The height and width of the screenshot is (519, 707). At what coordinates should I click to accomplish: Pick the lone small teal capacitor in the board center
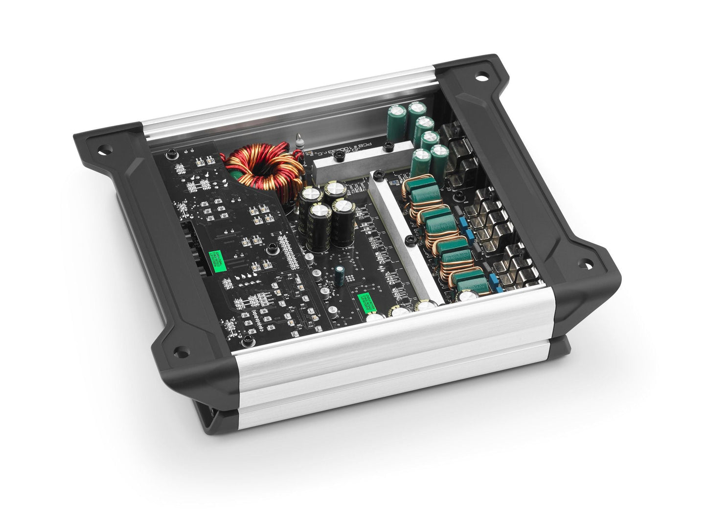click(x=339, y=272)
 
